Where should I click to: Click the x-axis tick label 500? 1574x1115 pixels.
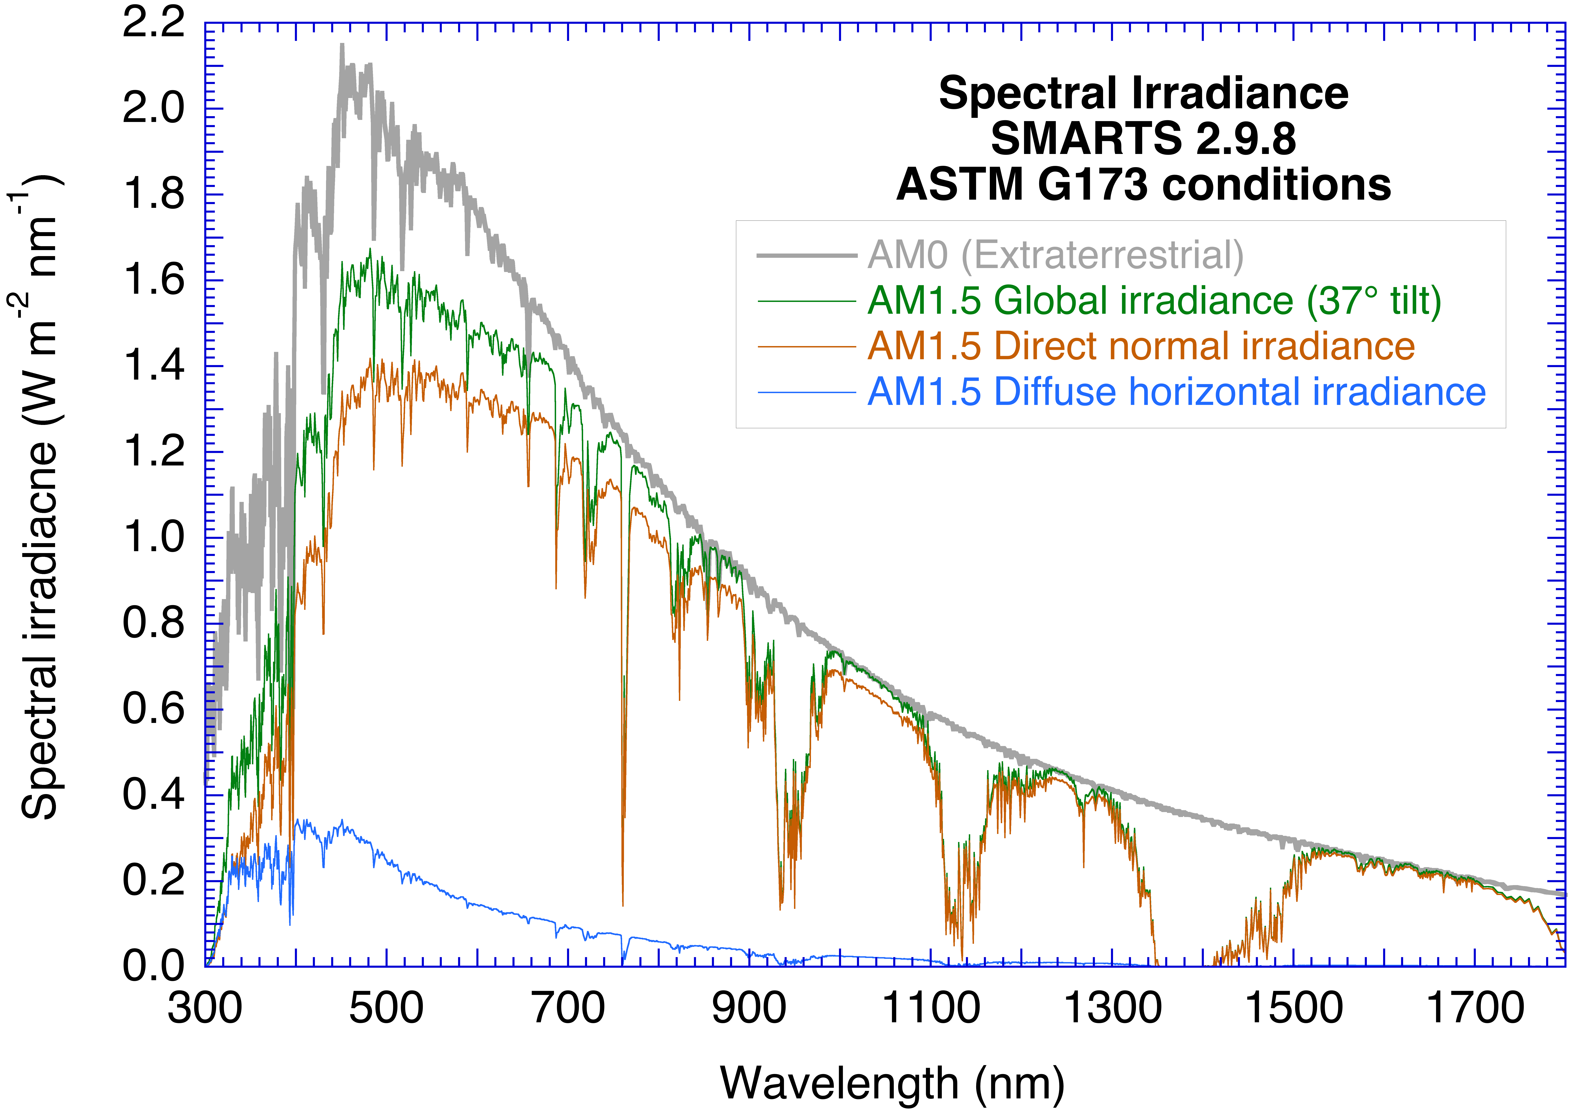(386, 1009)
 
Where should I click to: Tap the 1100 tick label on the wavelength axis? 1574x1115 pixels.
(930, 1009)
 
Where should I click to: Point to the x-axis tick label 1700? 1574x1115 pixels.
(1475, 1009)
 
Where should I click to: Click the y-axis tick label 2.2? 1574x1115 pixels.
(154, 23)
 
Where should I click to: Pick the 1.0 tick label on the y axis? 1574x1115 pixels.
(154, 538)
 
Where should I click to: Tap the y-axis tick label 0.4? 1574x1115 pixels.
(154, 795)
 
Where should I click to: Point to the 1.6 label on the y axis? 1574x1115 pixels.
(154, 280)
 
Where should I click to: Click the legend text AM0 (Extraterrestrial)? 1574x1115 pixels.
(1055, 255)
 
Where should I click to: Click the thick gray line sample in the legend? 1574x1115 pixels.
(806, 255)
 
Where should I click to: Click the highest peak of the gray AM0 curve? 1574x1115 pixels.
(342, 45)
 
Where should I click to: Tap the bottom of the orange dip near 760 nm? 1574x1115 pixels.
(623, 905)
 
